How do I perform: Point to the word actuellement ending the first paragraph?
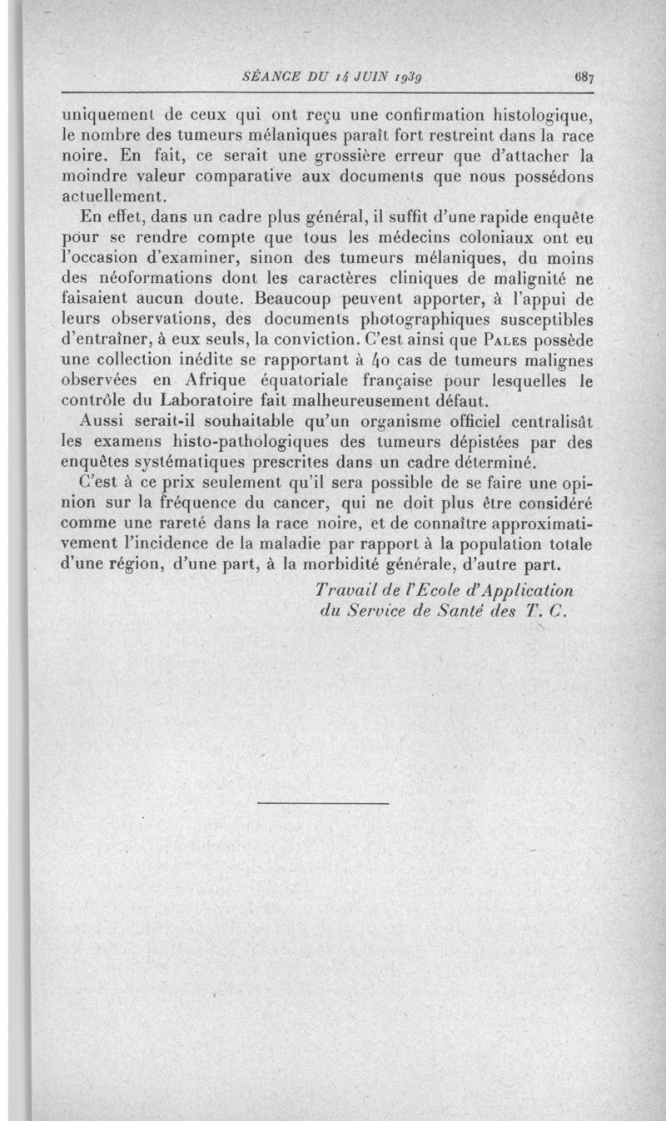[115, 196]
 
